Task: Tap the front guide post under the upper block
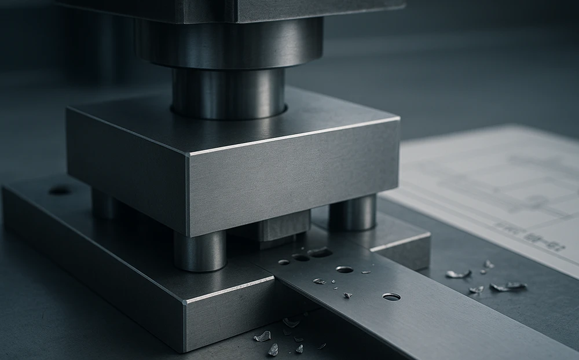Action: click(x=200, y=250)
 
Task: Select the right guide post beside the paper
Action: click(x=353, y=212)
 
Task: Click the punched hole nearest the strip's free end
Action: click(x=391, y=296)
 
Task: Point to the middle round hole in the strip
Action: click(x=344, y=269)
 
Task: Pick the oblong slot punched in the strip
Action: click(x=320, y=252)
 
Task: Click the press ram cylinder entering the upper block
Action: click(x=228, y=93)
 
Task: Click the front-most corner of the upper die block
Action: click(x=189, y=154)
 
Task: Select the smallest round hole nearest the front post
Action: click(x=283, y=262)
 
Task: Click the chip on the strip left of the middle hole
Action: click(x=319, y=281)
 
